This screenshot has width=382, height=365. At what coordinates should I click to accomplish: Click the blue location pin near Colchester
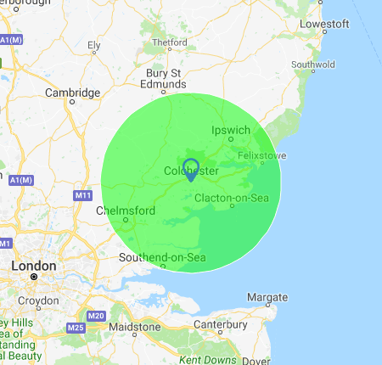(191, 168)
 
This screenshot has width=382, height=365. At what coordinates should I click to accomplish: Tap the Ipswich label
(228, 130)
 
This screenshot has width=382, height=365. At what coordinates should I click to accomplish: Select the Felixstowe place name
(263, 156)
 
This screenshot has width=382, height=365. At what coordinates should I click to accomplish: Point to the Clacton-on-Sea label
(231, 199)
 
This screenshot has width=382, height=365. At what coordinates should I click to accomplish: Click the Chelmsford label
(125, 211)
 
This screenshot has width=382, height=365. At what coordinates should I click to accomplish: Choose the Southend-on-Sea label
(161, 257)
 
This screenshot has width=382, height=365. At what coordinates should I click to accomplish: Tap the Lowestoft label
(324, 24)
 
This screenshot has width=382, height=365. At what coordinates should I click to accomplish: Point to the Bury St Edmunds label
(165, 78)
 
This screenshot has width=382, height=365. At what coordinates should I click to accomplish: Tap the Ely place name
(94, 45)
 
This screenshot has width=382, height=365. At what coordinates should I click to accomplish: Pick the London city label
(33, 266)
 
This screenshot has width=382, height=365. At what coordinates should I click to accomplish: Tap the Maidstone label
(134, 326)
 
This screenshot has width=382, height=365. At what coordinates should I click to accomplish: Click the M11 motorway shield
(82, 196)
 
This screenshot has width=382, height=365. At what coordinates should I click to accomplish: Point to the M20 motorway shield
(96, 317)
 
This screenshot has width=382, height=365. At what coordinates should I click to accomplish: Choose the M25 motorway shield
(74, 327)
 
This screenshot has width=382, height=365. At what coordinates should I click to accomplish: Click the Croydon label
(37, 300)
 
